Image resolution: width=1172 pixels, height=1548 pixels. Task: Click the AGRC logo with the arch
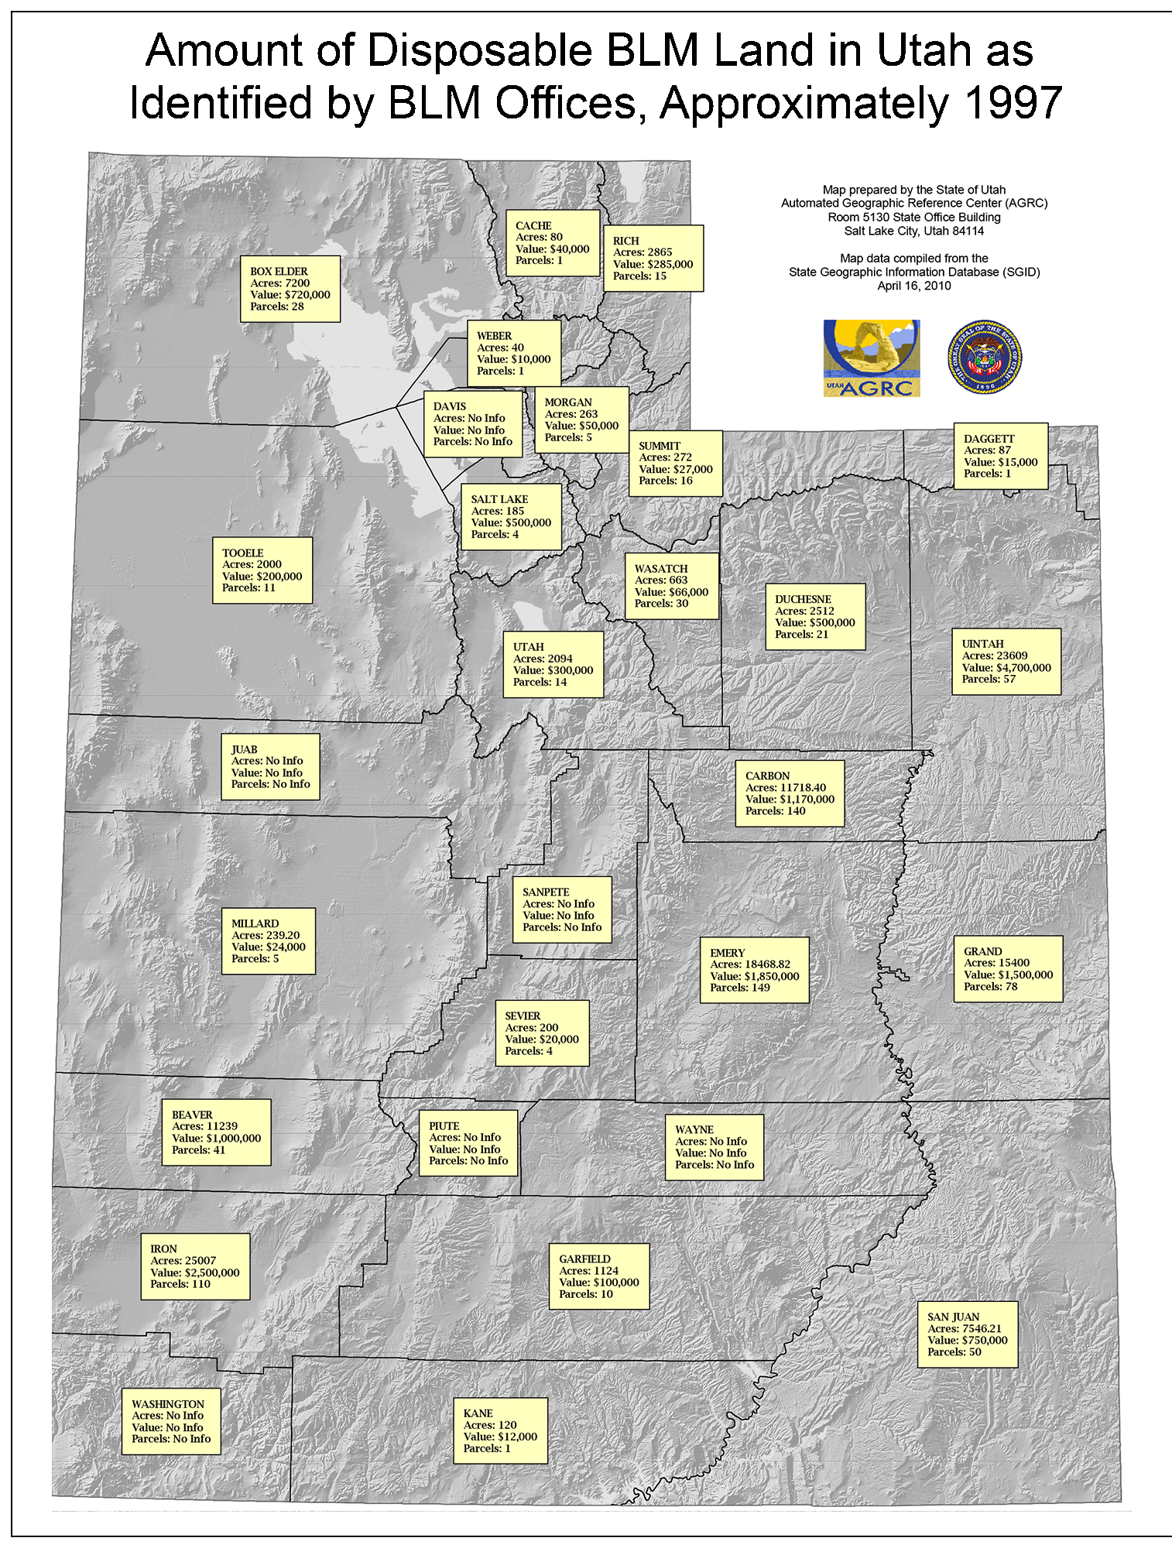click(872, 358)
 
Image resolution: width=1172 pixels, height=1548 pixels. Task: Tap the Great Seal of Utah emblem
click(985, 358)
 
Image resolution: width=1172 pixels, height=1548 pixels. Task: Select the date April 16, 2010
click(913, 286)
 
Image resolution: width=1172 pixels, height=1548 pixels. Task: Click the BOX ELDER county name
click(279, 272)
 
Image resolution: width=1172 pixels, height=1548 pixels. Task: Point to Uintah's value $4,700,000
click(1006, 667)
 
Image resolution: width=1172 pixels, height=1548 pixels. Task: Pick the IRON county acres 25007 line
click(183, 1260)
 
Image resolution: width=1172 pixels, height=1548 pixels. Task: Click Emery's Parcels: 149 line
click(740, 988)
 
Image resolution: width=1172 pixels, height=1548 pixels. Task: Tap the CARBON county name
click(767, 776)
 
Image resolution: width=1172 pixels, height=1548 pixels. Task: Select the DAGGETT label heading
click(989, 439)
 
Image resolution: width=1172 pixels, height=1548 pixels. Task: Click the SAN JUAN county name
click(953, 1317)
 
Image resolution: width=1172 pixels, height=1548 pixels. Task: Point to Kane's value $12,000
click(500, 1437)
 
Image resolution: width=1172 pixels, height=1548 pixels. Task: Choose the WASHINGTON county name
click(168, 1404)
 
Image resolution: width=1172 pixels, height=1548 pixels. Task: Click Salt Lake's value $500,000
click(511, 522)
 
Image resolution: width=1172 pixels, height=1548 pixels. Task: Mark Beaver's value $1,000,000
click(216, 1139)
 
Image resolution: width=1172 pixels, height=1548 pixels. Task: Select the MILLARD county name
click(255, 923)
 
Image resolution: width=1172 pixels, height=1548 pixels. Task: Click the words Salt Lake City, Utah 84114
click(913, 231)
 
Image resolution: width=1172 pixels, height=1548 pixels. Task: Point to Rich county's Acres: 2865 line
click(643, 252)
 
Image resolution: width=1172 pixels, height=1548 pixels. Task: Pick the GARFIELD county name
click(584, 1259)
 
